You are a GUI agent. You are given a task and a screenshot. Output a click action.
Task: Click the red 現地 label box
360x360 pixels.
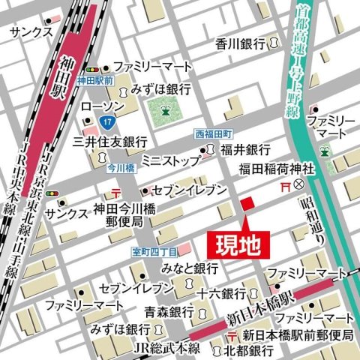click(234, 245)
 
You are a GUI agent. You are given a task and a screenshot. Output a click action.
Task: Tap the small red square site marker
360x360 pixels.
click(247, 205)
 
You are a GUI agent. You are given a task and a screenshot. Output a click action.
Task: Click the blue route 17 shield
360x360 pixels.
click(109, 120)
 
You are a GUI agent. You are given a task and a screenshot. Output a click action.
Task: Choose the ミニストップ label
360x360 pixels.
click(169, 159)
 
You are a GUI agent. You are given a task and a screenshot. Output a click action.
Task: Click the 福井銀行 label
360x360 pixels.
click(245, 149)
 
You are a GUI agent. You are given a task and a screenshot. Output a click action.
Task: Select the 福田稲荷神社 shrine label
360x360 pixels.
click(274, 167)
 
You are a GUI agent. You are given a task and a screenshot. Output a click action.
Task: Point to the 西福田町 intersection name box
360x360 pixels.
click(214, 133)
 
